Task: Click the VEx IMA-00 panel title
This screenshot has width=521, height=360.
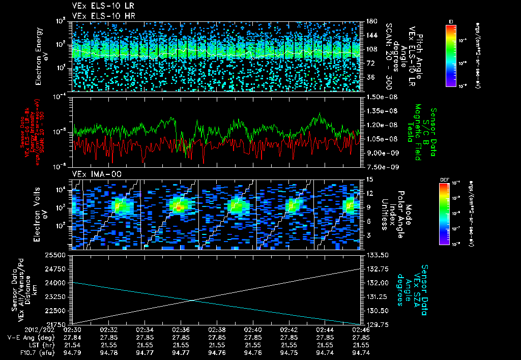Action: pos(92,174)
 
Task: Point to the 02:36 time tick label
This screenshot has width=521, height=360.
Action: pos(181,329)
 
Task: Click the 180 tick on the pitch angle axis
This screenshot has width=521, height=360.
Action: pos(370,21)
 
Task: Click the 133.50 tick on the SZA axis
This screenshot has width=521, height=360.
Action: pos(377,255)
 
